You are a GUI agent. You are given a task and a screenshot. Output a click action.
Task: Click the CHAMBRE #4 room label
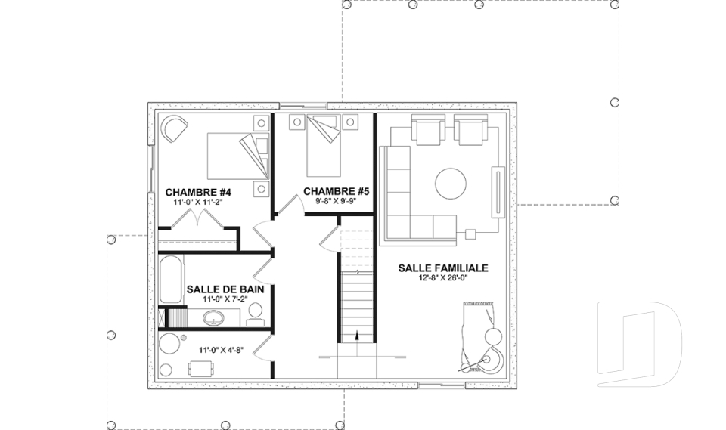click(x=198, y=192)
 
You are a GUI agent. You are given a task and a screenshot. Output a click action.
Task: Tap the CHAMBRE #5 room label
click(x=336, y=191)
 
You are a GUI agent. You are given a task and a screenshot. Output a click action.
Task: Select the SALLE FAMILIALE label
click(x=443, y=268)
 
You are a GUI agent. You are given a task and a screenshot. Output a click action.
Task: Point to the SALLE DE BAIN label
click(x=225, y=289)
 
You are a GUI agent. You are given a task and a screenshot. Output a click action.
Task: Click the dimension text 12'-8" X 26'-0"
click(x=443, y=277)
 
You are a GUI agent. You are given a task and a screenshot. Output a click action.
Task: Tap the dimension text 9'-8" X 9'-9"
click(x=336, y=201)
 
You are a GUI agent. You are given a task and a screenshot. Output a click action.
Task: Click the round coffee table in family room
click(x=451, y=184)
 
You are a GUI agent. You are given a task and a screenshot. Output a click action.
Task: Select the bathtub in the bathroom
click(x=170, y=280)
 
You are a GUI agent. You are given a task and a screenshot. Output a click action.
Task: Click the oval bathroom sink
click(x=214, y=318)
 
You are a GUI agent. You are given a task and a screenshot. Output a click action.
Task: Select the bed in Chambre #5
click(x=324, y=146)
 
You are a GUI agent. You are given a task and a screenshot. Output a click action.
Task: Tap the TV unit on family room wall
click(x=498, y=191)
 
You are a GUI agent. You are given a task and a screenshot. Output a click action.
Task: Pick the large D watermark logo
click(x=640, y=344)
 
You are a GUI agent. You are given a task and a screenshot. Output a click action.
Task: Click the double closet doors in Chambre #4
click(x=198, y=218)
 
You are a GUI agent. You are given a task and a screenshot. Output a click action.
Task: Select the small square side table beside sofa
click(x=470, y=234)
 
